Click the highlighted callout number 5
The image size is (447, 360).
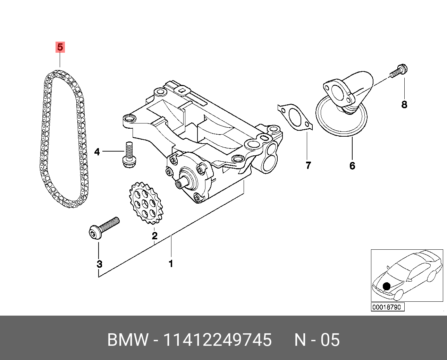60,47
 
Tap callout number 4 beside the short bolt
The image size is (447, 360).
97,152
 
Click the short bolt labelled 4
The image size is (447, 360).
129,156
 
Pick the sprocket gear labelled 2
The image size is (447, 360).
146,203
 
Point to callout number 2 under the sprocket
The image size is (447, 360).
154,236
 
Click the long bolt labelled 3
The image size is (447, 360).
104,227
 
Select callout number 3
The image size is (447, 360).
99,264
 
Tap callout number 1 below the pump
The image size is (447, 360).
171,264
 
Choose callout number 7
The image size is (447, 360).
308,166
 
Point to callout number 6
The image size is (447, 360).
352,166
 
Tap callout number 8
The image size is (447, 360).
404,104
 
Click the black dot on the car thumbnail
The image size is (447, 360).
386,286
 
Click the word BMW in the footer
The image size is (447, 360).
128,340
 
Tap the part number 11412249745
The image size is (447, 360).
217,340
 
